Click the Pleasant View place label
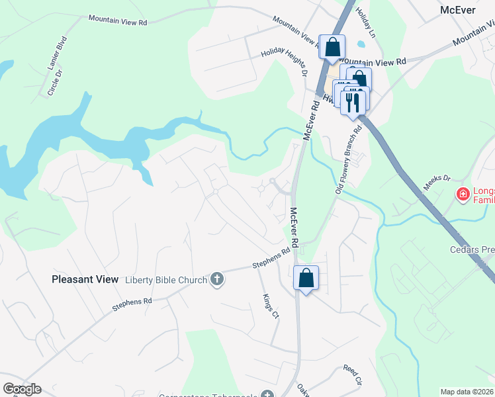coord(85,280)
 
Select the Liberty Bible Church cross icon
coord(217,280)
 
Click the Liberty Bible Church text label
coord(166,280)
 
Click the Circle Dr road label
coord(54,82)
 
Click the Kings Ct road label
coord(271,307)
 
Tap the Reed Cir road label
coord(353,375)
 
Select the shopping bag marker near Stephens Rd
coord(306,279)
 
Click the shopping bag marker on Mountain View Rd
coord(332,47)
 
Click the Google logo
coord(22,389)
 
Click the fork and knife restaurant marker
coord(353,101)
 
